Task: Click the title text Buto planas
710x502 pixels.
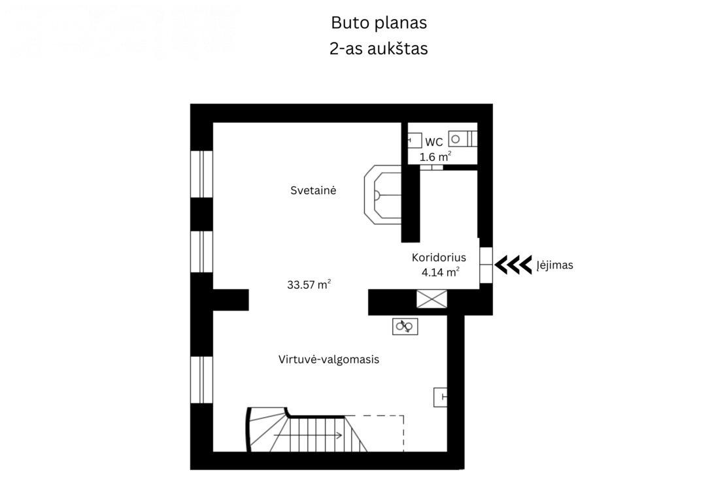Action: (x=379, y=23)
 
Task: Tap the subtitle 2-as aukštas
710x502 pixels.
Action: (x=379, y=48)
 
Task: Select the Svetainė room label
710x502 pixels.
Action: (x=313, y=191)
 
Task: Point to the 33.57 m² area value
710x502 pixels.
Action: (x=309, y=285)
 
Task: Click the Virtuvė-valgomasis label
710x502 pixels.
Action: (x=329, y=360)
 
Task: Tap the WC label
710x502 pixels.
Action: (x=434, y=142)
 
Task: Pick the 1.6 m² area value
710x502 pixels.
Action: (x=435, y=157)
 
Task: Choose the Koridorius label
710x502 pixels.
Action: (x=439, y=258)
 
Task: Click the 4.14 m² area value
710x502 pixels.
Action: (x=441, y=272)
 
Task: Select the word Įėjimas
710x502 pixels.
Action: (x=555, y=265)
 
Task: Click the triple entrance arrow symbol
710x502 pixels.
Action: (x=513, y=265)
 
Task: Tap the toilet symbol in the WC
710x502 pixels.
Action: (x=462, y=139)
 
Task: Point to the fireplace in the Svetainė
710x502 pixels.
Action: (x=382, y=195)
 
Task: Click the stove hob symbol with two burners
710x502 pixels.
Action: (x=405, y=326)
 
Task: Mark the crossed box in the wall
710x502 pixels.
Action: (x=431, y=299)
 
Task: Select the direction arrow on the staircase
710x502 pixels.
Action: (x=308, y=435)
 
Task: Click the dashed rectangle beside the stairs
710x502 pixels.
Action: (x=374, y=433)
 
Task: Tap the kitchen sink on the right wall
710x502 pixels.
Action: (x=441, y=397)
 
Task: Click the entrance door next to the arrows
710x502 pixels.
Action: (x=486, y=265)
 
